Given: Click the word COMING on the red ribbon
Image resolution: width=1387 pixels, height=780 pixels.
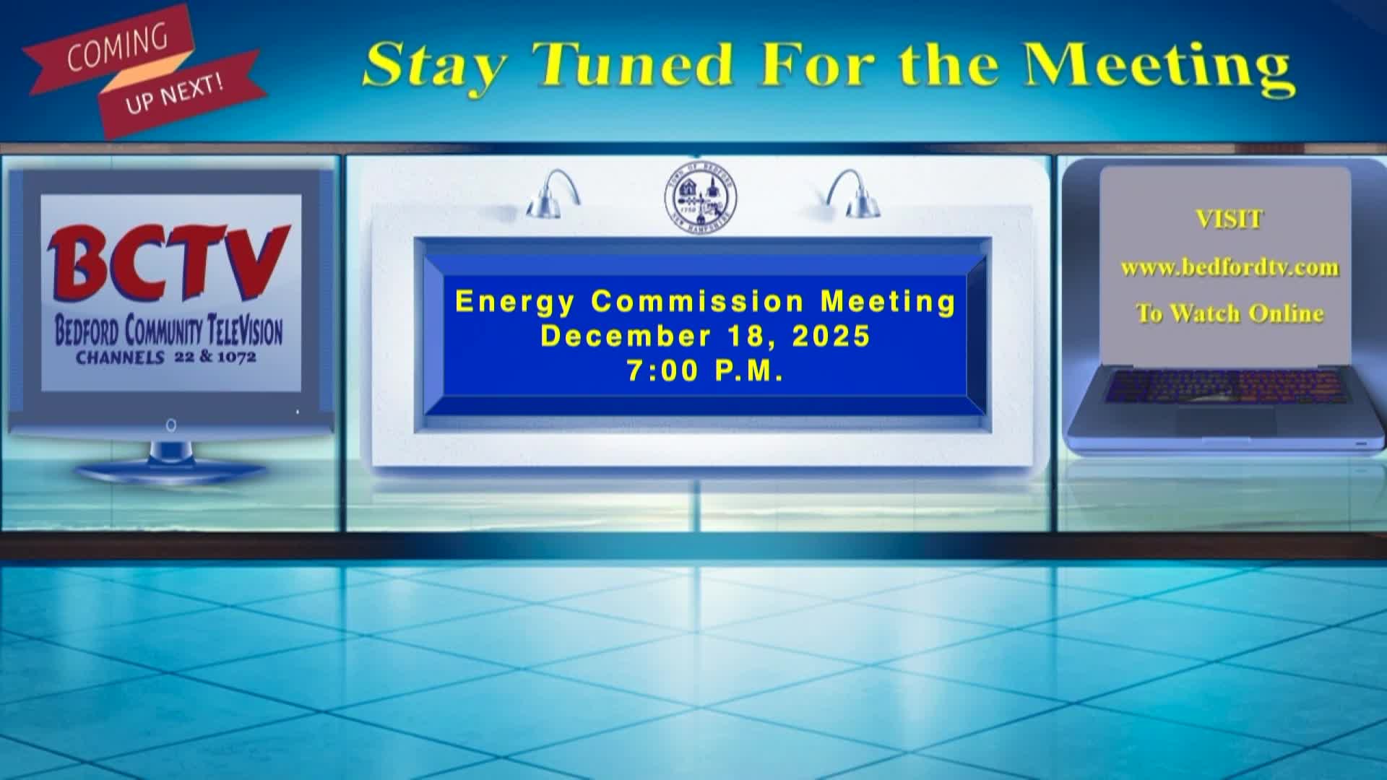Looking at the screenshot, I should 117,49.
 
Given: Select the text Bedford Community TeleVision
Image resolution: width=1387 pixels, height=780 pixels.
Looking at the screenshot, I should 169,332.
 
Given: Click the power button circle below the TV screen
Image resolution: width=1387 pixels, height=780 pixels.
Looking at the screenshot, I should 171,425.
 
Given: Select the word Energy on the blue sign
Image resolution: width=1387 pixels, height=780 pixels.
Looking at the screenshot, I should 514,301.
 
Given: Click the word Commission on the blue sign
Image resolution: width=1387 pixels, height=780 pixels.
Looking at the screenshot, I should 698,301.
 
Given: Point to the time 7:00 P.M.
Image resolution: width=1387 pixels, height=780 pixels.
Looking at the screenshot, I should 705,370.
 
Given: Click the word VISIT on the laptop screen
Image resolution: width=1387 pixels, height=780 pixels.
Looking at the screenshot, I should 1229,219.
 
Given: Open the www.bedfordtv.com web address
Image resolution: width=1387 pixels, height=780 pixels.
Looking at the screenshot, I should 1230,268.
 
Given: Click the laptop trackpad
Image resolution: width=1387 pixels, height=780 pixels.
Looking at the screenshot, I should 1226,420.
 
